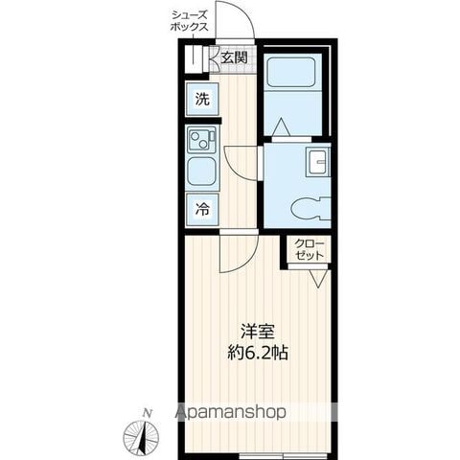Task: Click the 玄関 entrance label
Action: click(235, 57)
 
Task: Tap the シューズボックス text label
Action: click(190, 21)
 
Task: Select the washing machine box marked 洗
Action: click(202, 99)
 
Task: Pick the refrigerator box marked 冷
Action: click(202, 209)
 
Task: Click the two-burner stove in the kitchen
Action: click(202, 139)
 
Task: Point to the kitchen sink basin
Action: click(202, 172)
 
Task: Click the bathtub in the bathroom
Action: click(290, 72)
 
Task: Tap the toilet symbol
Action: click(310, 209)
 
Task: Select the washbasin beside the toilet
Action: click(318, 162)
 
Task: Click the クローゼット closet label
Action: click(310, 249)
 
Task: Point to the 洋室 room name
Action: click(258, 332)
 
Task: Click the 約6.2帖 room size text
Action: click(258, 353)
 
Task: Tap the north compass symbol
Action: click(141, 435)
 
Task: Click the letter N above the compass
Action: click(148, 413)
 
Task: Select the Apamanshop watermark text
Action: click(231, 412)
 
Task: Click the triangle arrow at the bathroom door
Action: click(282, 126)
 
